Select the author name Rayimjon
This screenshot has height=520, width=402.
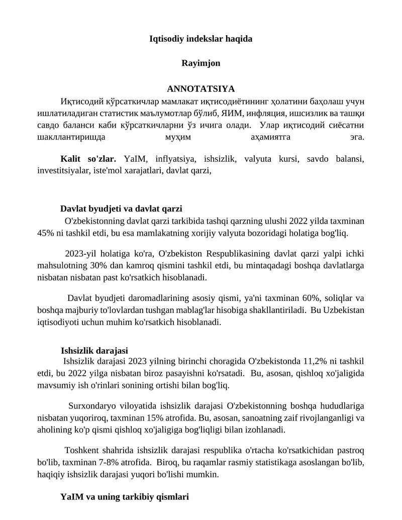click(201, 64)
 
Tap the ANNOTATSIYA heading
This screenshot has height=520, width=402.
click(201, 89)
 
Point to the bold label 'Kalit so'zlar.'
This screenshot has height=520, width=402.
click(88, 159)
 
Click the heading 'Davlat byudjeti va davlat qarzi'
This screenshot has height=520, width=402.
click(121, 209)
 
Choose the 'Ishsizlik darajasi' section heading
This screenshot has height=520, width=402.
click(94, 350)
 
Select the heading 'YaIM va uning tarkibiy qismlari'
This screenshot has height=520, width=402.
click(125, 497)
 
